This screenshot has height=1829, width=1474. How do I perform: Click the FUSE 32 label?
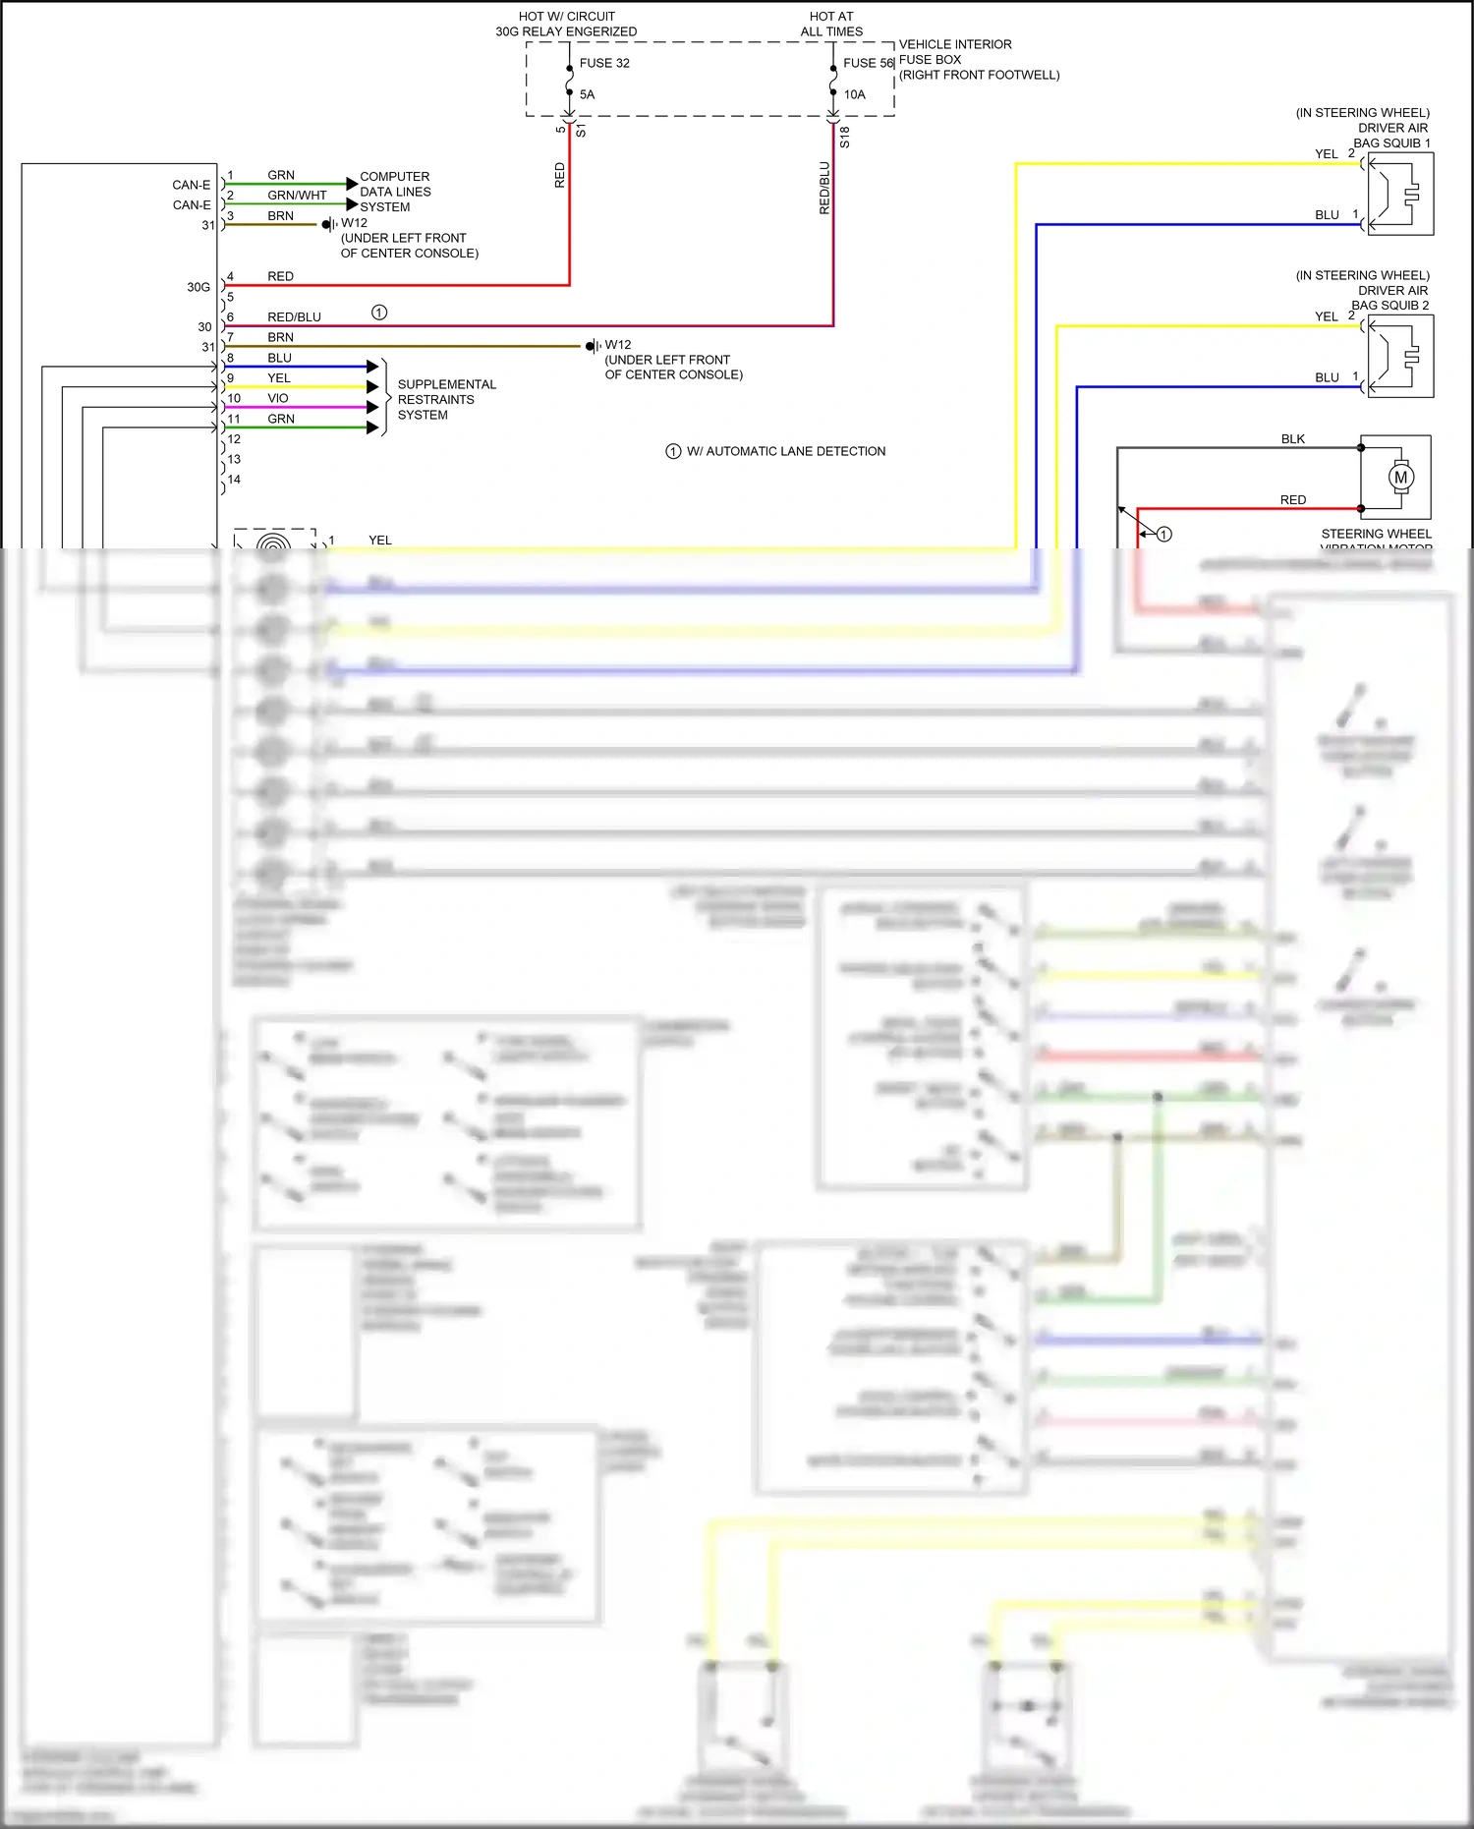tap(604, 63)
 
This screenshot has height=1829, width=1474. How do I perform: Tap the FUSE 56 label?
tap(868, 63)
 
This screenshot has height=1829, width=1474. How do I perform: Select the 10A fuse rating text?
tap(854, 94)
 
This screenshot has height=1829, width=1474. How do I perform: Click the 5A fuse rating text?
tap(587, 94)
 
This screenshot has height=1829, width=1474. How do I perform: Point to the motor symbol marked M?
tap(1400, 478)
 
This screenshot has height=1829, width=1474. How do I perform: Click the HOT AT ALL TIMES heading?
tap(831, 24)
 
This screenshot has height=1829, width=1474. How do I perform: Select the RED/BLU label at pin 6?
tap(294, 316)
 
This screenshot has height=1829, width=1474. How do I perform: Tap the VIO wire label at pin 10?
tap(278, 398)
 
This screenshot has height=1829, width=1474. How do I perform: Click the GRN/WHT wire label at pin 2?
tap(297, 195)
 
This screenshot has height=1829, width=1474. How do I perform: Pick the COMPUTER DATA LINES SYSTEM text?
tap(395, 192)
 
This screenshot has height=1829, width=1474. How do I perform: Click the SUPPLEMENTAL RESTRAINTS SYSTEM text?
tap(446, 399)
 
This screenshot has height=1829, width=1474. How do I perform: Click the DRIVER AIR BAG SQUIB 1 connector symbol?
tap(1399, 194)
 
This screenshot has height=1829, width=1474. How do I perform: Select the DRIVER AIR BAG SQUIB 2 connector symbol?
tap(1399, 356)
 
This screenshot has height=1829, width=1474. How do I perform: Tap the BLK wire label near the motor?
tap(1292, 439)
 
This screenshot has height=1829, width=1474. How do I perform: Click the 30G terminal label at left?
tap(198, 287)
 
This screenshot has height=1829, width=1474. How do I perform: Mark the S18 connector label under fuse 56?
tap(844, 137)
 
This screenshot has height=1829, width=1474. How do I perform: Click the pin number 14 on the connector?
tap(234, 480)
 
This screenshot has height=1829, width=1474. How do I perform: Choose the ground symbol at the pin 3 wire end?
tap(329, 225)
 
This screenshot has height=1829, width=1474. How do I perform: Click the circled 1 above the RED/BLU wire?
tap(379, 313)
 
